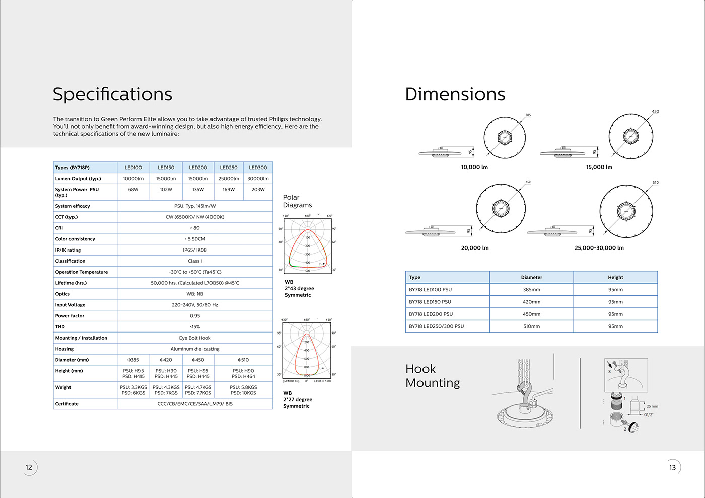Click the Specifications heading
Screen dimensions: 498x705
112,94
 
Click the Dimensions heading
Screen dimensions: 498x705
455,94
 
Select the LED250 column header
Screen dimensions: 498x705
229,168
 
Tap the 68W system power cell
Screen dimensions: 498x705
133,190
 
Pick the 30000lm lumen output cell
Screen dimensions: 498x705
258,179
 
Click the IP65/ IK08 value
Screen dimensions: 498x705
195,250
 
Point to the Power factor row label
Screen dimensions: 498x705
70,316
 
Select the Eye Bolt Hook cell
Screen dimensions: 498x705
195,338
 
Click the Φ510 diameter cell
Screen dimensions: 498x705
243,360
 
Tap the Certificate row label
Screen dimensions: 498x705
67,404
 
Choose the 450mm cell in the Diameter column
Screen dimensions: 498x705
531,314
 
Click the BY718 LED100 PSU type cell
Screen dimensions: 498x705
431,290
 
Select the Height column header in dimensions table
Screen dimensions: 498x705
615,277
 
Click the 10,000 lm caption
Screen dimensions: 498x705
474,167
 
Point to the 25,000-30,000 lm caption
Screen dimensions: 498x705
599,248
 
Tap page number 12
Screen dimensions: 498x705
29,467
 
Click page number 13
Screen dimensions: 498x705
672,468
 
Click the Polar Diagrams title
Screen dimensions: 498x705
297,201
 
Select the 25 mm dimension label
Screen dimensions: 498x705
652,406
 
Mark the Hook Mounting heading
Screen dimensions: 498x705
433,376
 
